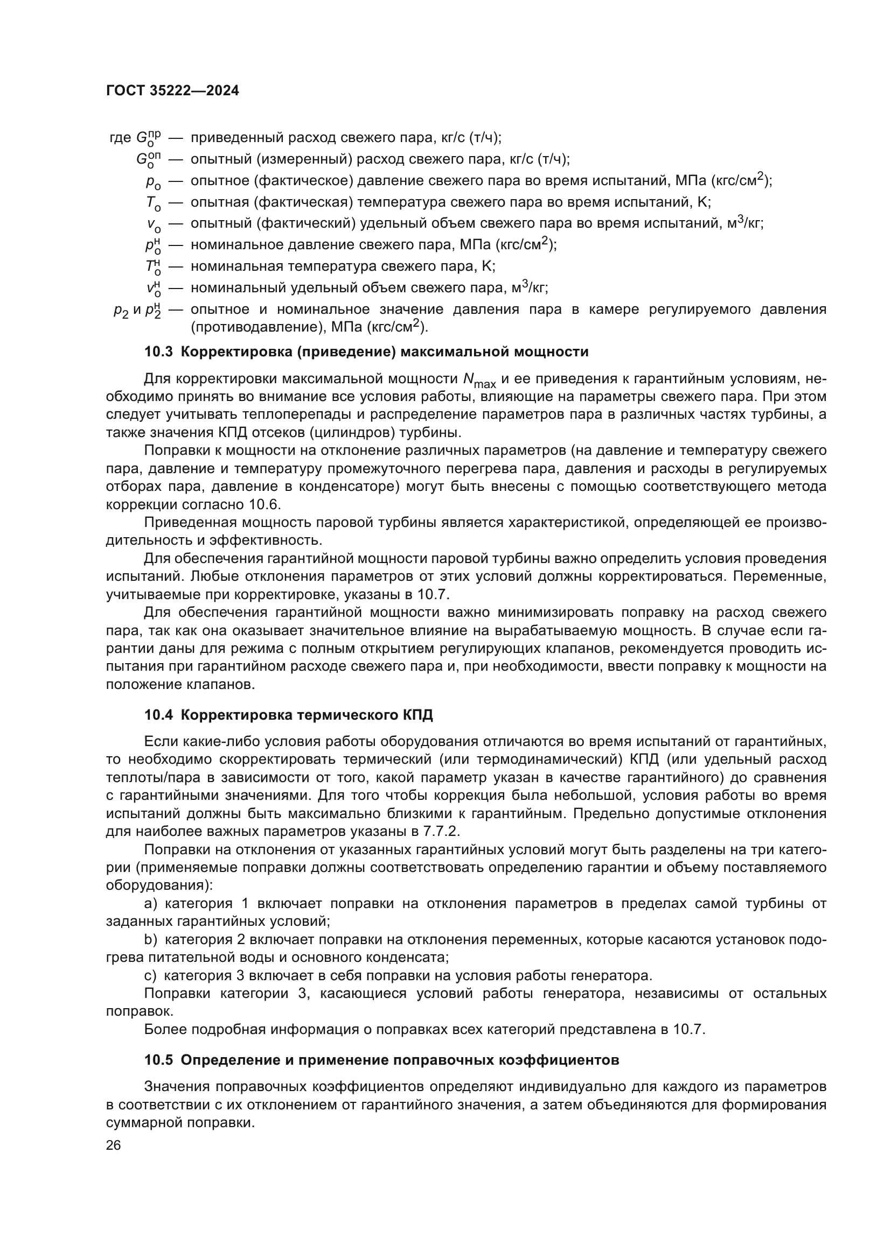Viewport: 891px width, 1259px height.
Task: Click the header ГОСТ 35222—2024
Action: click(172, 91)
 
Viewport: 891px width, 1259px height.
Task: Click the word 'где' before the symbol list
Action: click(121, 138)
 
